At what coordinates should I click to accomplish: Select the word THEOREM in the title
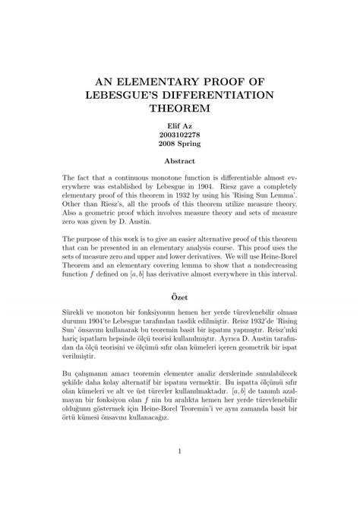coord(180,108)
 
